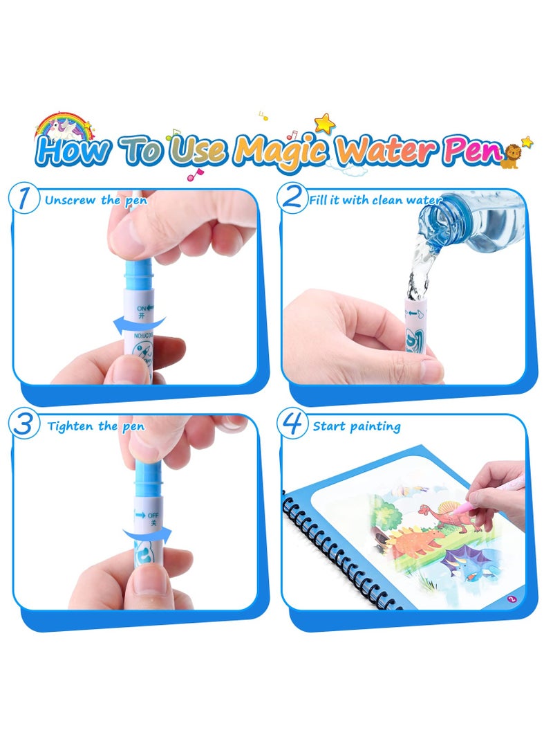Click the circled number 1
(x=26, y=199)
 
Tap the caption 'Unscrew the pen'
(x=96, y=201)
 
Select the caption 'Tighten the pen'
(x=96, y=426)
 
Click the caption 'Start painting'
(x=357, y=426)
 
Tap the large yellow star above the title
(x=324, y=123)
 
